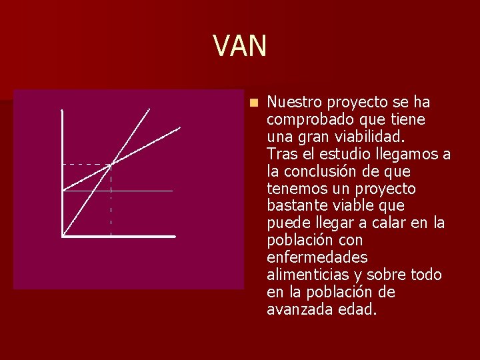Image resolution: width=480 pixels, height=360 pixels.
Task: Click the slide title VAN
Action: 240,46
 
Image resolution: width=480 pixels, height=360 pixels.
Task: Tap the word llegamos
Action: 408,155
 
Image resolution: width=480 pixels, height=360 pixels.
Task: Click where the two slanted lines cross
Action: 111,164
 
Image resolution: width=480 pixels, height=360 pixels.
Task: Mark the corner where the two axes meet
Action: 62,235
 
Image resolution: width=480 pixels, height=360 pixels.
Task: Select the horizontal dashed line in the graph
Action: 87,164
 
